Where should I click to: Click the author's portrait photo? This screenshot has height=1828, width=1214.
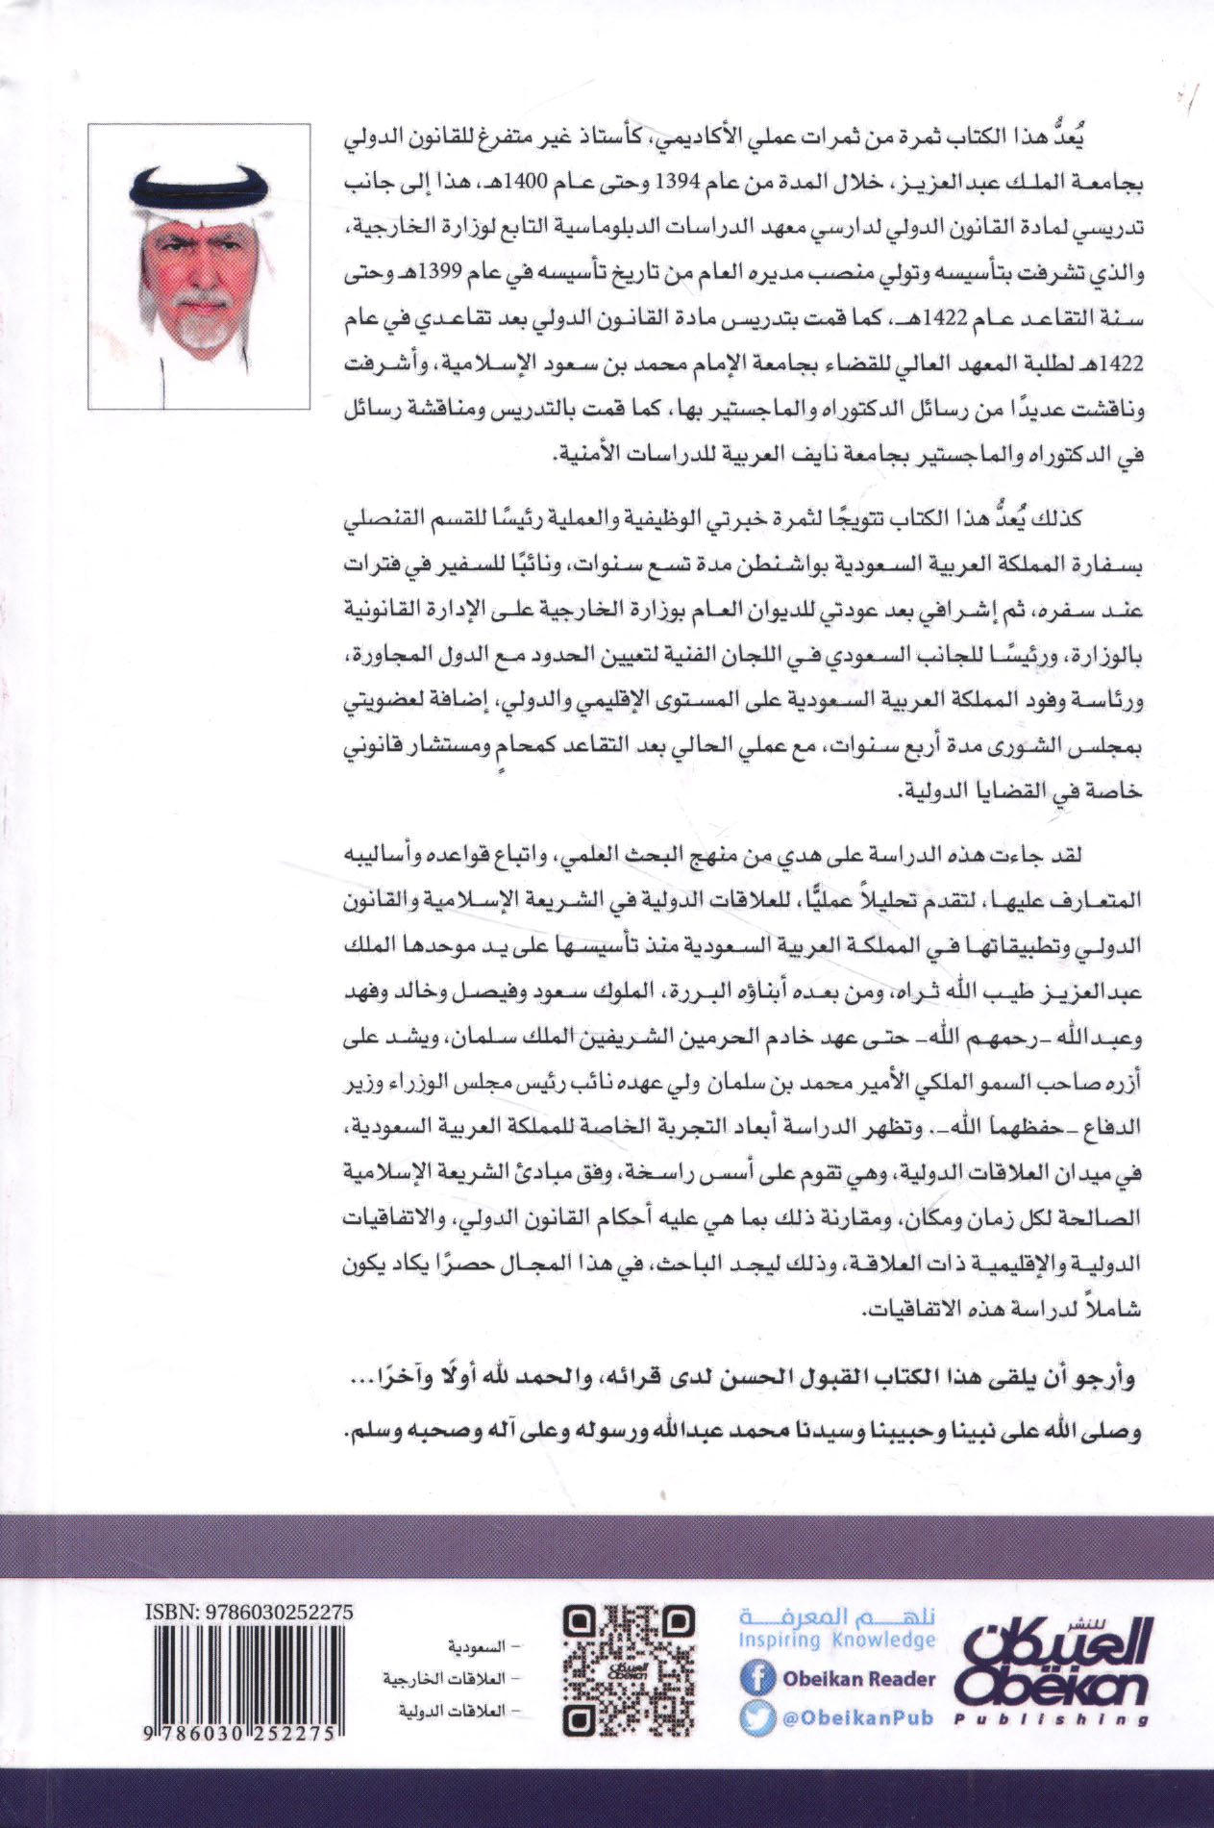pos(199,266)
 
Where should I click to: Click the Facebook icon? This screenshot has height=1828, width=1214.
pos(758,1678)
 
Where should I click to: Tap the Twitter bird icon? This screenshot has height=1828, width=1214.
pos(758,1718)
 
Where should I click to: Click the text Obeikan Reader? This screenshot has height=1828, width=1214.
pos(858,1678)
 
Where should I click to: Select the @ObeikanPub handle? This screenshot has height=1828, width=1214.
pos(857,1718)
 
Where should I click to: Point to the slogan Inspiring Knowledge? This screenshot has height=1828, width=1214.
pos(836,1640)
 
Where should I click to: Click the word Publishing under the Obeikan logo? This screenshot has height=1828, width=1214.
pos(1053,1719)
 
